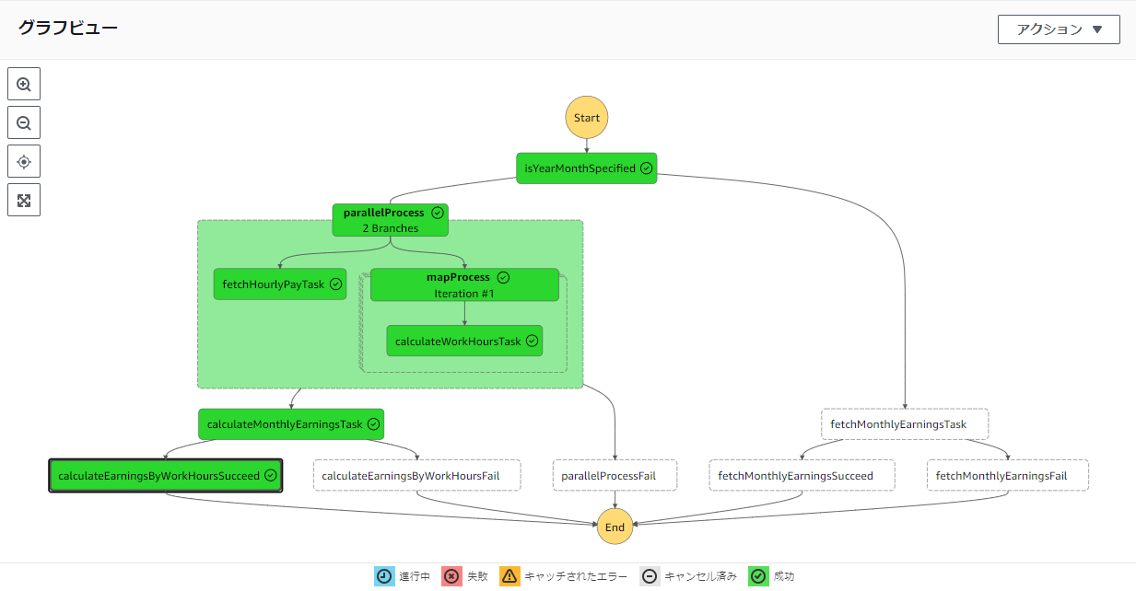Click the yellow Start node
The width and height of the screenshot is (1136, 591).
click(587, 118)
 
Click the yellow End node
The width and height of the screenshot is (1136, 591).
click(615, 527)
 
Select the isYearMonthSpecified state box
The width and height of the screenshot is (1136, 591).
click(586, 168)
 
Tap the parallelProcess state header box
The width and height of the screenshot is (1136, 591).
click(390, 220)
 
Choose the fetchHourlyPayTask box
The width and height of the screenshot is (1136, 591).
click(280, 284)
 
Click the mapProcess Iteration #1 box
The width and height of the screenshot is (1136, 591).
click(464, 285)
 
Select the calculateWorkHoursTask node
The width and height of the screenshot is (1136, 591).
click(464, 342)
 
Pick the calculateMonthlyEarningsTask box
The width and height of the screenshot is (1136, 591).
click(291, 424)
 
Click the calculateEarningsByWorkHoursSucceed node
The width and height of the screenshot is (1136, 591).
click(166, 476)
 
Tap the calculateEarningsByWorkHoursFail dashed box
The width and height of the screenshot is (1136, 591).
click(417, 476)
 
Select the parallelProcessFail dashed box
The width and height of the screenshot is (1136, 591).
click(615, 476)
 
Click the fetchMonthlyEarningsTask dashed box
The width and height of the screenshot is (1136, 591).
click(905, 424)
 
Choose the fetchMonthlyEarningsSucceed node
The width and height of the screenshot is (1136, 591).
click(802, 476)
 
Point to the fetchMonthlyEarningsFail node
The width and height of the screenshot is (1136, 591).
click(1008, 476)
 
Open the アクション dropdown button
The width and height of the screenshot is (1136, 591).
click(1059, 29)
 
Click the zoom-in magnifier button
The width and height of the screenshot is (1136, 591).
click(24, 84)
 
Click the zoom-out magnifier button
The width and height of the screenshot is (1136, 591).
click(24, 122)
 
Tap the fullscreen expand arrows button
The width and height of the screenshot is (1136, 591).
click(24, 200)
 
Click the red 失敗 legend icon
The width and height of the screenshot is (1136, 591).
click(451, 576)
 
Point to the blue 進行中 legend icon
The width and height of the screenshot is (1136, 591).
click(384, 576)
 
